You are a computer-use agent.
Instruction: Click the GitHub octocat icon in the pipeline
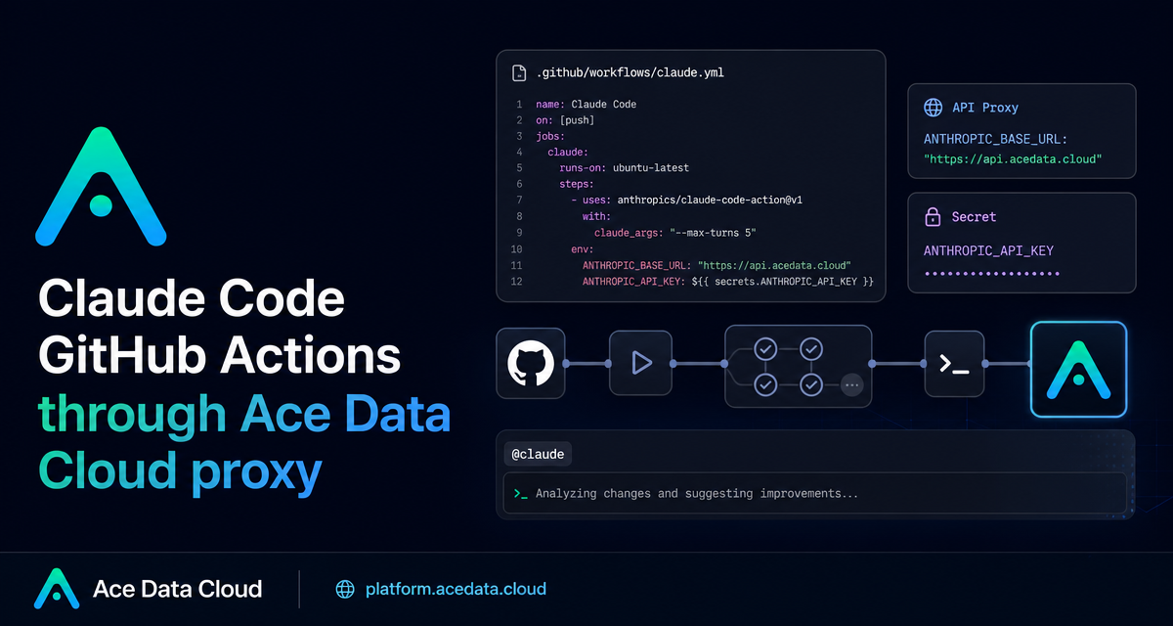(x=531, y=363)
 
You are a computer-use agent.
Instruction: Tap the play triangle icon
(x=641, y=363)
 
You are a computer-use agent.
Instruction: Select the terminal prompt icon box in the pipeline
(x=954, y=364)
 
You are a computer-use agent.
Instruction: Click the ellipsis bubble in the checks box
(x=852, y=385)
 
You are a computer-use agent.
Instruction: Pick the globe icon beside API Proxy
(x=934, y=108)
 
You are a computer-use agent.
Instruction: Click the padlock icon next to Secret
(x=933, y=216)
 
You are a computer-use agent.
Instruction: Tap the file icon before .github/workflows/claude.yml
(x=519, y=72)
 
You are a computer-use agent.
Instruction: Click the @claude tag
(x=538, y=454)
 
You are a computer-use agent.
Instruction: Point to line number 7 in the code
(x=519, y=201)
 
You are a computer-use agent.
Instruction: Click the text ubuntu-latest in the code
(x=651, y=168)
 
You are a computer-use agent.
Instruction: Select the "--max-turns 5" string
(x=713, y=233)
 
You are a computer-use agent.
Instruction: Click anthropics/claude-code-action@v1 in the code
(x=710, y=201)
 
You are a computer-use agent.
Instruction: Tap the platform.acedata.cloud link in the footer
(x=456, y=590)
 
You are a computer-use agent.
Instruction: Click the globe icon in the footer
(x=345, y=590)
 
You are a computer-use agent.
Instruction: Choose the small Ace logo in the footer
(x=57, y=589)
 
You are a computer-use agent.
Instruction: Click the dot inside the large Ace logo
(x=101, y=205)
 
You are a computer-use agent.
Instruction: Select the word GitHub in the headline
(x=122, y=356)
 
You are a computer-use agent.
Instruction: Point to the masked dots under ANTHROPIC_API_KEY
(x=992, y=274)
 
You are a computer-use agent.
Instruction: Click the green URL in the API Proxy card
(x=1013, y=159)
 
